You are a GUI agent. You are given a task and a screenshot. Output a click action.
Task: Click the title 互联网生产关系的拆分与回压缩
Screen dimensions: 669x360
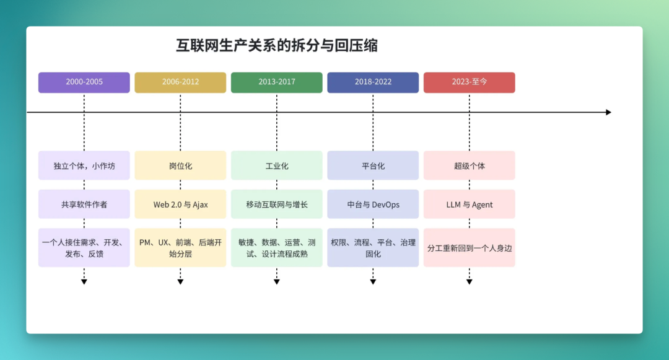click(277, 45)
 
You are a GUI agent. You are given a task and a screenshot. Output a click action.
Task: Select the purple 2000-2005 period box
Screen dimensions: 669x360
click(84, 82)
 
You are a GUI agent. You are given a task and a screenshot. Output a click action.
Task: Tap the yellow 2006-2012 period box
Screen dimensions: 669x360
click(180, 82)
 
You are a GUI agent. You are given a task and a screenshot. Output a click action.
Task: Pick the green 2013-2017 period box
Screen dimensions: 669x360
click(276, 82)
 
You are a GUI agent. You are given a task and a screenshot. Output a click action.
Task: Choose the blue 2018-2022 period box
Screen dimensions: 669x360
click(373, 82)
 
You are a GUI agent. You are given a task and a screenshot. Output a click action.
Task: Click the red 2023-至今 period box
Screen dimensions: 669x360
click(470, 82)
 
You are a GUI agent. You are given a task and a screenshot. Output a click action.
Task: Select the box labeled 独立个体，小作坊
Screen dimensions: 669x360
click(84, 165)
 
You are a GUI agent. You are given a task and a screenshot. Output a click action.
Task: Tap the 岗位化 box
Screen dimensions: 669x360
click(180, 165)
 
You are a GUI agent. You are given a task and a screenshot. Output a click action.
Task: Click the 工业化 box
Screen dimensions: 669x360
click(276, 165)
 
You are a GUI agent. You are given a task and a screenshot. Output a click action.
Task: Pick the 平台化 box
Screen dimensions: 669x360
click(373, 165)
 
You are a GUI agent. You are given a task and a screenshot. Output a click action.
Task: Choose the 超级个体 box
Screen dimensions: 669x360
click(470, 165)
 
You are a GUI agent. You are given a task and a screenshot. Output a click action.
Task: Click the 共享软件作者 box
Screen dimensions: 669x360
click(84, 204)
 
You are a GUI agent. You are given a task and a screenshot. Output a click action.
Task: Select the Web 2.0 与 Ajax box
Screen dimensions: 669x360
click(180, 204)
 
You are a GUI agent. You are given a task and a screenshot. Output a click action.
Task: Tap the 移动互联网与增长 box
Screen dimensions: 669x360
click(276, 204)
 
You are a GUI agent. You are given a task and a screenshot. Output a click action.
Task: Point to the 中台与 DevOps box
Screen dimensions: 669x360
click(373, 204)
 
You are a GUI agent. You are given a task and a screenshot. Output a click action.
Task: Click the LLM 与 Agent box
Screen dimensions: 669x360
click(470, 204)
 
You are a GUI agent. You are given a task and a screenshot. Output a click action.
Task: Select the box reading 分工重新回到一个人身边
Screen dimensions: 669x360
click(470, 248)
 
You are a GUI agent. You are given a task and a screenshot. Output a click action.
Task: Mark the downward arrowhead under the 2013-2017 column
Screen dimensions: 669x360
click(276, 281)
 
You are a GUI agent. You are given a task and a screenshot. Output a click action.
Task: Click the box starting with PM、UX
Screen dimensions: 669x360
click(180, 248)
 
